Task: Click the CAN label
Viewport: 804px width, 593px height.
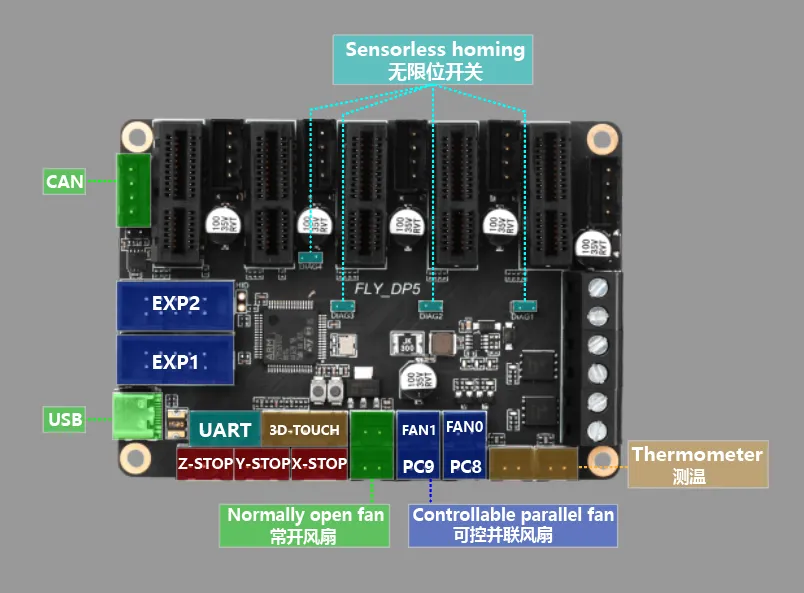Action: coord(65,182)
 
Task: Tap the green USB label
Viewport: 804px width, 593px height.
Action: coord(65,419)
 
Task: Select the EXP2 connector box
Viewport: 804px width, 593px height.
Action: coord(176,304)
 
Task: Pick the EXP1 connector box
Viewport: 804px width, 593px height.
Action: coord(176,360)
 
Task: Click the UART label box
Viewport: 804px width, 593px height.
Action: coord(224,430)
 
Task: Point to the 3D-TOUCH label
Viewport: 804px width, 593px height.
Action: coord(304,430)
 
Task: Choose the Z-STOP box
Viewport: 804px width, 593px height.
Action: coord(205,464)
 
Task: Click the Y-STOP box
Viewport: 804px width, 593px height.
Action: coord(262,464)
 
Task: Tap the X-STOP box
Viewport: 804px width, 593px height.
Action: coord(319,464)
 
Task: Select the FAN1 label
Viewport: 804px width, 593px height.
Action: coord(418,430)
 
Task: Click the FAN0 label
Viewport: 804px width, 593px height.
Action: coord(464,427)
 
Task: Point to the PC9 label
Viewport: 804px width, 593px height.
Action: coord(418,466)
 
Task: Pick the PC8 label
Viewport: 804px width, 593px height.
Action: coord(465,466)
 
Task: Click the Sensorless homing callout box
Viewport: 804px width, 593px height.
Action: coord(434,59)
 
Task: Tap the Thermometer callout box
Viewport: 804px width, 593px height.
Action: coord(697,464)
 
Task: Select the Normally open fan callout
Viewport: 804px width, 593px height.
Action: coord(305,525)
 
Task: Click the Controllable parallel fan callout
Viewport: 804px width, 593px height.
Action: coord(513,525)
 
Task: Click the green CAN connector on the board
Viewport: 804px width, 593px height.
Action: coord(132,189)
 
